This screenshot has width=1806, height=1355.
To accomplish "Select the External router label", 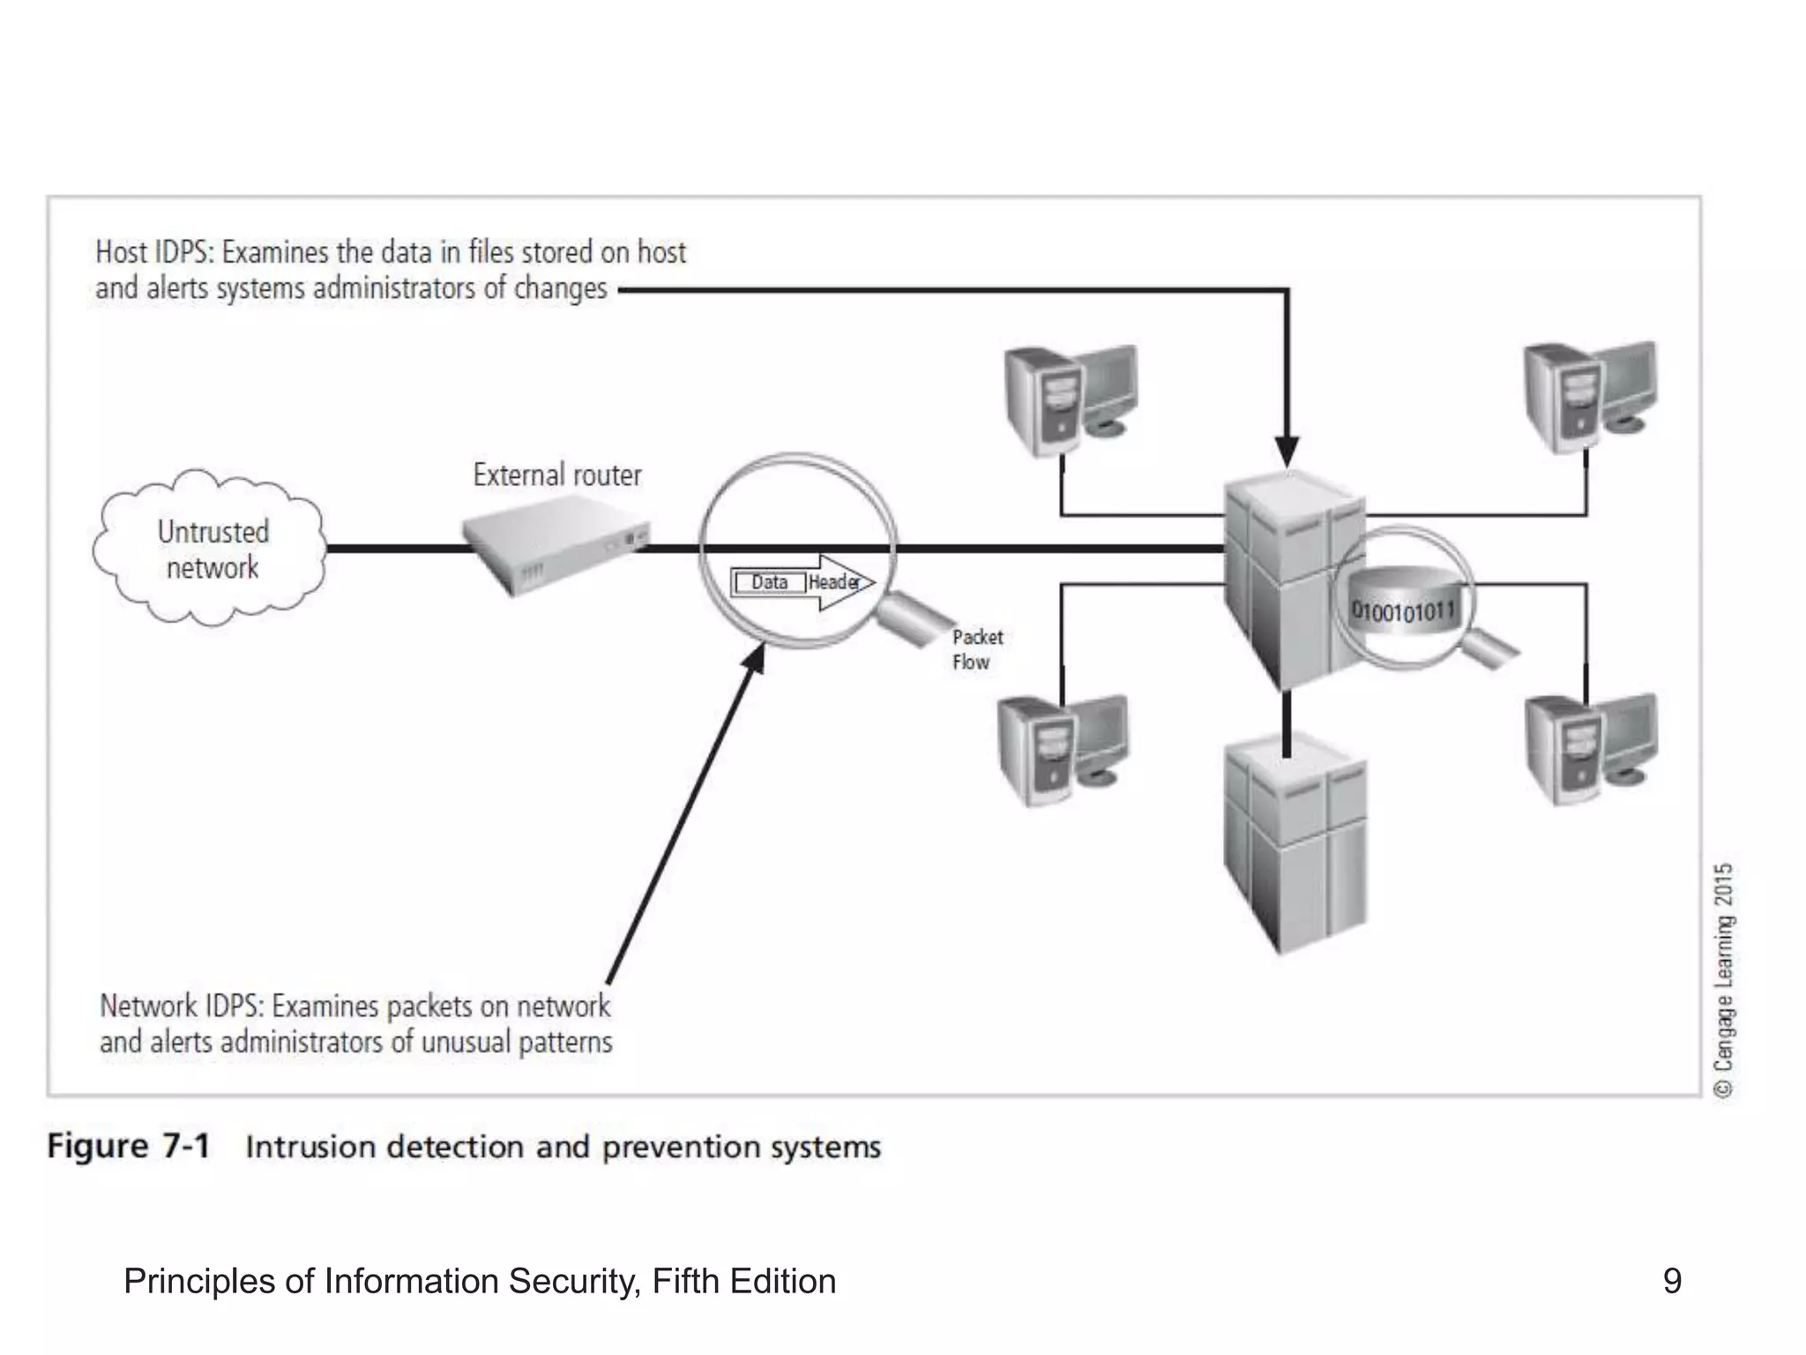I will point(557,475).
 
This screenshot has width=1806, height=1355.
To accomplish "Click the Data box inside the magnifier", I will point(769,582).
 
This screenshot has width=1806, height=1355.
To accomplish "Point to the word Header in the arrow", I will point(833,582).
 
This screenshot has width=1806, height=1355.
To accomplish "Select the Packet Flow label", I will point(976,649).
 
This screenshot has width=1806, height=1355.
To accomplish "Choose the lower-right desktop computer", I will point(1589,750).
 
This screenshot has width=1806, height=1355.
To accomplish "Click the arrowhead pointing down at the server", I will point(1287,451).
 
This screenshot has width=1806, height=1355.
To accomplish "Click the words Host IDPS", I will point(153,252).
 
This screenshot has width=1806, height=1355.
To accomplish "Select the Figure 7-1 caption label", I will point(129,1146).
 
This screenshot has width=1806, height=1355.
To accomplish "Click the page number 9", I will point(1671,1281).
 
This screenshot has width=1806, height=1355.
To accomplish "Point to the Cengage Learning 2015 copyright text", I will point(1724,979).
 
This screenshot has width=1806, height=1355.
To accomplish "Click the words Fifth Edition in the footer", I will point(743,1281).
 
